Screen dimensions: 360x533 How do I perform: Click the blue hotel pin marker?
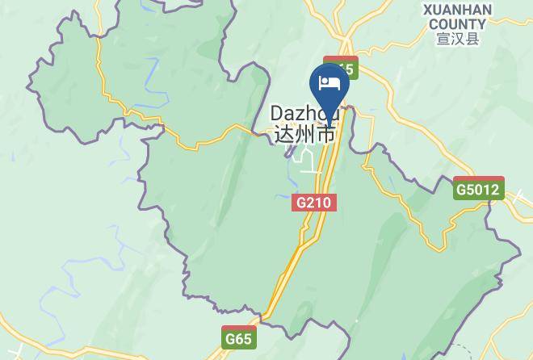[x=329, y=86]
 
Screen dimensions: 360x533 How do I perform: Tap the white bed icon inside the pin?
[x=329, y=82]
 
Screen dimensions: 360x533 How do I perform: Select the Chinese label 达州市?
[x=304, y=134]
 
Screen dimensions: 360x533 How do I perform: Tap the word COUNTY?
[x=457, y=23]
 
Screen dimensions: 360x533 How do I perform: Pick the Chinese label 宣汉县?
[x=457, y=38]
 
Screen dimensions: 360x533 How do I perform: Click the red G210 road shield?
[x=313, y=202]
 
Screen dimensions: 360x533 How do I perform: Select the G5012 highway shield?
[x=479, y=190]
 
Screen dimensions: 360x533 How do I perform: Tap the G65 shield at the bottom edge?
[x=239, y=338]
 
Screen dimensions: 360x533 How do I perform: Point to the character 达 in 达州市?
[x=284, y=134]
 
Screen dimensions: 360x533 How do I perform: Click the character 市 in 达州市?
[x=325, y=134]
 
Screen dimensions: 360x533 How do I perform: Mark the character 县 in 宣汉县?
[x=472, y=38]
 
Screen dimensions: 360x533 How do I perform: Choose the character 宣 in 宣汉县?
[x=443, y=38]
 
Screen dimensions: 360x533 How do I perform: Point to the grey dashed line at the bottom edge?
[x=355, y=339]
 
